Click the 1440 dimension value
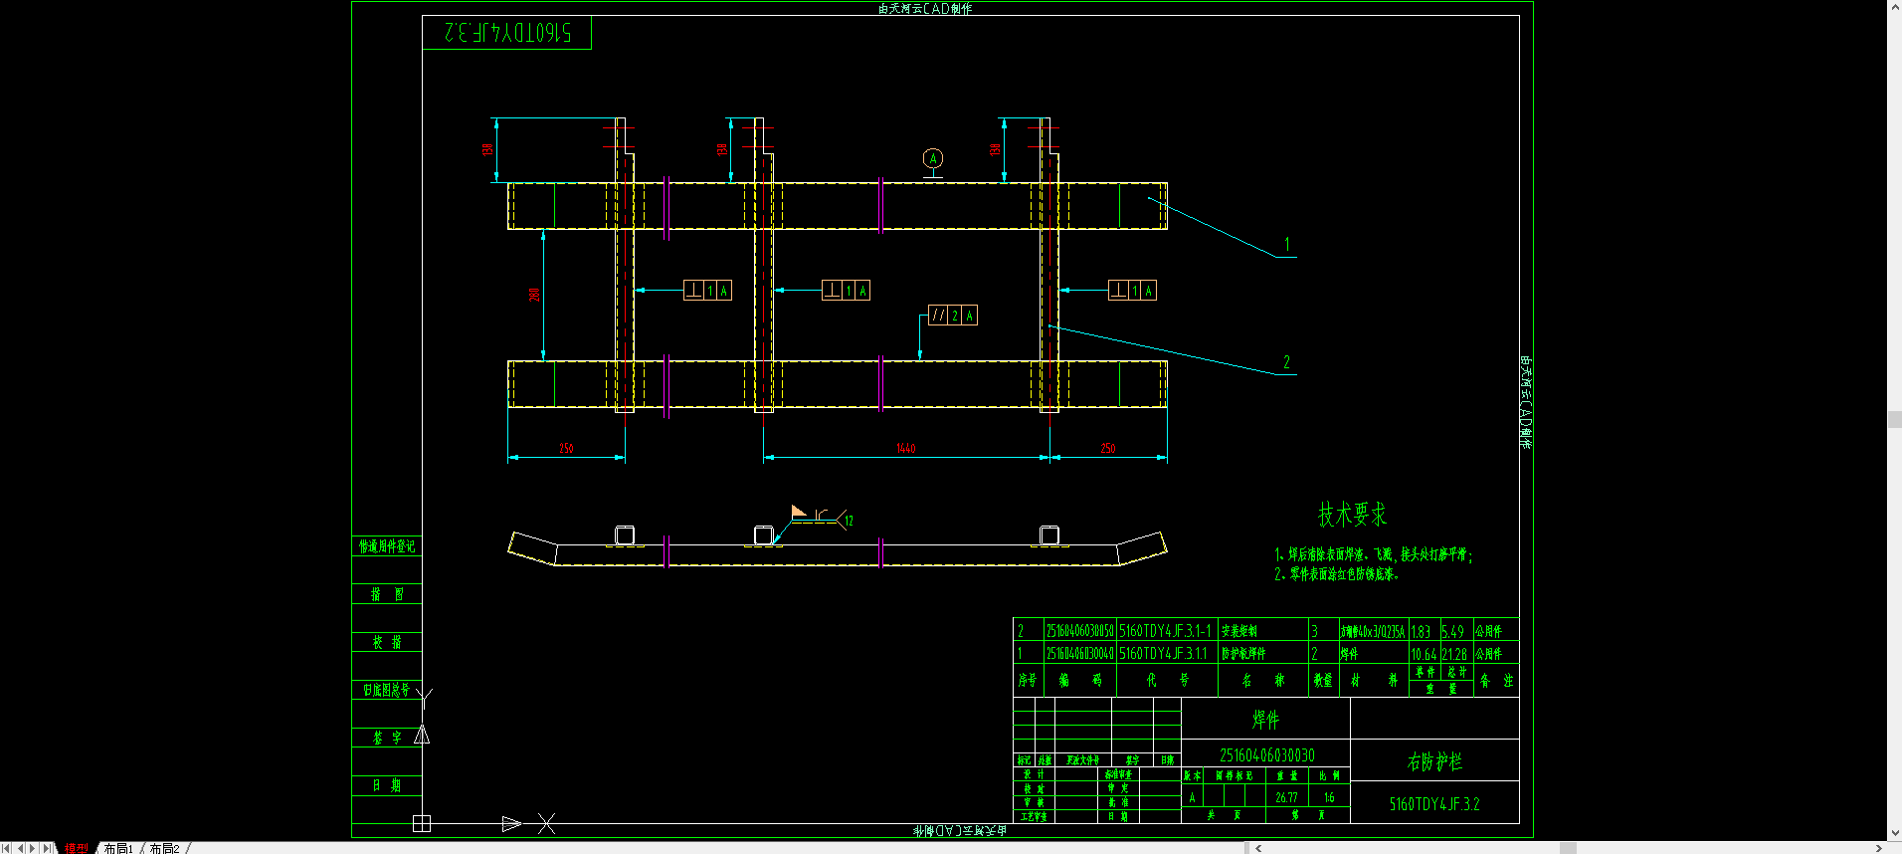(x=905, y=449)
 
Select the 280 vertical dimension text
(x=534, y=295)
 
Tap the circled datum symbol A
(x=932, y=158)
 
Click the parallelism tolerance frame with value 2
(x=953, y=316)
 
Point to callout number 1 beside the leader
(x=1286, y=245)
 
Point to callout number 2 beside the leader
(x=1286, y=362)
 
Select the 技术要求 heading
(x=1352, y=515)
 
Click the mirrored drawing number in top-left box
(x=507, y=33)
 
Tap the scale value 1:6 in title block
(x=1329, y=797)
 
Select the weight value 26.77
(x=1286, y=797)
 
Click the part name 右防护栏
(x=1434, y=761)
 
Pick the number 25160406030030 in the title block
(x=1266, y=755)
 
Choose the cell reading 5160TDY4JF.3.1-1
(x=1166, y=631)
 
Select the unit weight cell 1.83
(x=1421, y=631)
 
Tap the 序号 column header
(x=1028, y=680)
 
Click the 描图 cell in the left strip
(x=387, y=594)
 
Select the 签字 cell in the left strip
(x=387, y=738)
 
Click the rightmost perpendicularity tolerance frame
(x=1133, y=291)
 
